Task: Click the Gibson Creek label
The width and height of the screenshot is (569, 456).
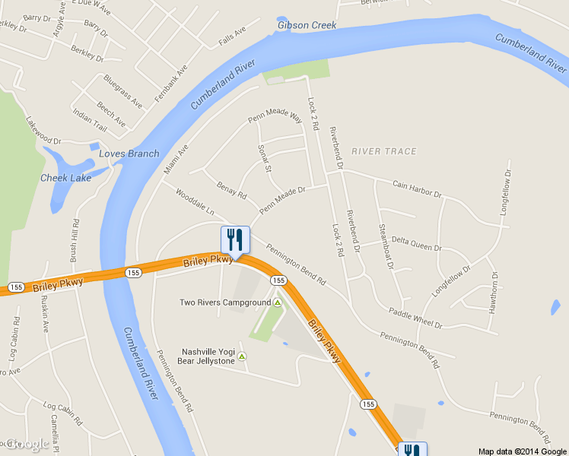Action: (307, 25)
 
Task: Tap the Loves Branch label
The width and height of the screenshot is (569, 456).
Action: (129, 154)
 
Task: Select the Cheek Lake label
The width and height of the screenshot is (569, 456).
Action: (65, 178)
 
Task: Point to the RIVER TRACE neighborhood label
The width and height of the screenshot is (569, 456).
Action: (384, 151)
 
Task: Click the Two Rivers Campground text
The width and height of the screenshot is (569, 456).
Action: (225, 302)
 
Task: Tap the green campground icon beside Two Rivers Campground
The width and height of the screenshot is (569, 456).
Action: (278, 302)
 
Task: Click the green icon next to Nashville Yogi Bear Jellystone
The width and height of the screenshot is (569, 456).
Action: (242, 356)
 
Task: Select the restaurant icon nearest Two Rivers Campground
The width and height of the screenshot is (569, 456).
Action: (235, 240)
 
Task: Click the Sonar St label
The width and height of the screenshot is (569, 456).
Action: (265, 158)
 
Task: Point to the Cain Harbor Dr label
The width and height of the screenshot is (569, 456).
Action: (417, 188)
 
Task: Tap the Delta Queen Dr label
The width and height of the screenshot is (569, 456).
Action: (417, 246)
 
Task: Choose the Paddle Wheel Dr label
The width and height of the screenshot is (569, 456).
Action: (415, 318)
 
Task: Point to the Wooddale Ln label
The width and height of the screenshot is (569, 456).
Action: (195, 201)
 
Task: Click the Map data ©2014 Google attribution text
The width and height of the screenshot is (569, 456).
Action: (523, 451)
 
